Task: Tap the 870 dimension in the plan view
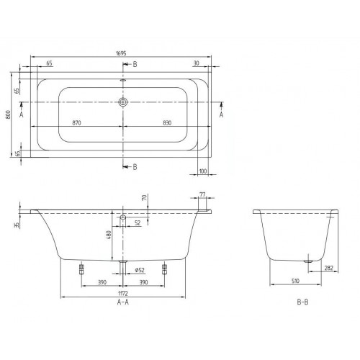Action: click(76, 124)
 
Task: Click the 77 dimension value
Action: click(202, 194)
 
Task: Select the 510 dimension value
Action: click(297, 282)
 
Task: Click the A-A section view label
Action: click(125, 304)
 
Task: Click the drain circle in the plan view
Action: click(124, 103)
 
